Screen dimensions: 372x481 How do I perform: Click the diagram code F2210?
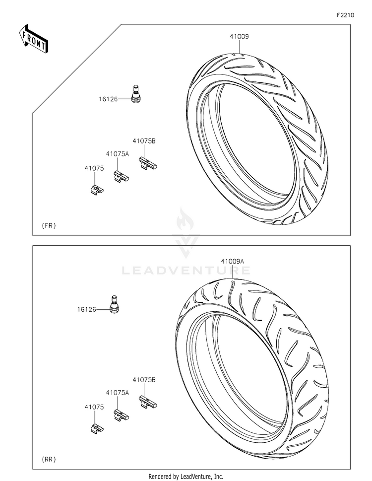(346, 15)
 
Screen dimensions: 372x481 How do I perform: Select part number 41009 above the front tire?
(239, 37)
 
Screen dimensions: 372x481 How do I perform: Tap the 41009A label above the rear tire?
(233, 262)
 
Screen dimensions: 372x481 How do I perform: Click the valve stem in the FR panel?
(135, 94)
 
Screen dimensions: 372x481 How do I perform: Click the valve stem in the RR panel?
(114, 304)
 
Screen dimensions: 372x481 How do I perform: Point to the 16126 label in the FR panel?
(108, 99)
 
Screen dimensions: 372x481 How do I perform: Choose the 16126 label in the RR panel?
(87, 310)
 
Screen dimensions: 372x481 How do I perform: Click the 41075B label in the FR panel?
(144, 141)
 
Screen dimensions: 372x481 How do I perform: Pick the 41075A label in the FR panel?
(118, 154)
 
